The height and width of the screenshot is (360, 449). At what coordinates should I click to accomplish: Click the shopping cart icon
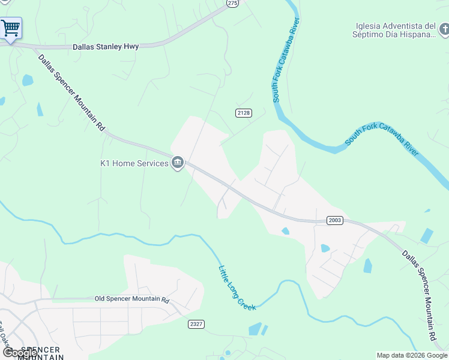point(10,28)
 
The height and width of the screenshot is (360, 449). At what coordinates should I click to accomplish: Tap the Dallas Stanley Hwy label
point(106,46)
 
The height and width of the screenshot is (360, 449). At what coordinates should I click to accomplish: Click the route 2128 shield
point(243,113)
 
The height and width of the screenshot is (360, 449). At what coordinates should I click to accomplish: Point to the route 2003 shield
point(335,220)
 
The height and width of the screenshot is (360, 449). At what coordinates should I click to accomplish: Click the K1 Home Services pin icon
point(178,163)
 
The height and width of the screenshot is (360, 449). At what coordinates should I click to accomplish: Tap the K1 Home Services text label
point(134,163)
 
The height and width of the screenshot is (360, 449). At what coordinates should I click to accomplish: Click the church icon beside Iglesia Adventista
point(443,29)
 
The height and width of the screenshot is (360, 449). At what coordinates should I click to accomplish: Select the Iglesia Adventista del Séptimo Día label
point(395,30)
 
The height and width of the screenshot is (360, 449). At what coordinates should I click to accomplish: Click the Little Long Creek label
point(237,288)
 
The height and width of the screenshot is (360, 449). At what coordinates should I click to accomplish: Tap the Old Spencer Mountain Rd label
point(132,299)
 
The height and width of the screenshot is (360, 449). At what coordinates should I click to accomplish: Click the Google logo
point(20,353)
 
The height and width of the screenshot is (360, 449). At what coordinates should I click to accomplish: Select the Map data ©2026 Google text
point(412,355)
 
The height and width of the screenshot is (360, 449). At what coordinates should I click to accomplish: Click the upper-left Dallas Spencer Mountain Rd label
point(71,92)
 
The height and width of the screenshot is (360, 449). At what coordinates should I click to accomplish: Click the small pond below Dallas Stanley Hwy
point(27,80)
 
